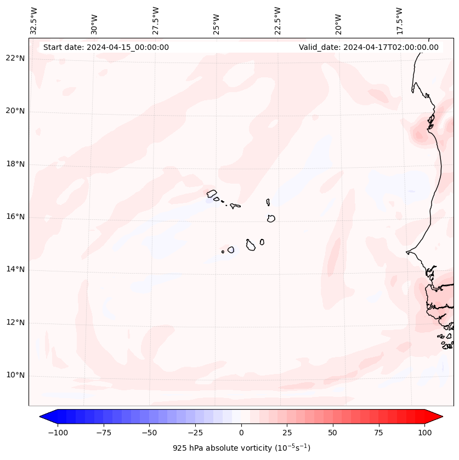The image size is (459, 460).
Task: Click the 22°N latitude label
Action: click(x=15, y=59)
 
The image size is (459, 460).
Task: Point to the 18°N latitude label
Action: click(x=15, y=164)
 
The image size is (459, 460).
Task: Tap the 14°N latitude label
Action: click(x=15, y=270)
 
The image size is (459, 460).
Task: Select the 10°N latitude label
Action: click(x=15, y=376)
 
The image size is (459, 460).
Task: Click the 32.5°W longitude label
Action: click(x=34, y=21)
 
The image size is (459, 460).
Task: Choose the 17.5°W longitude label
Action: click(x=399, y=21)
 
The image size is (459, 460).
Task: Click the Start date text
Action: click(x=106, y=47)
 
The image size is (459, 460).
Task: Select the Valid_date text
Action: click(x=369, y=47)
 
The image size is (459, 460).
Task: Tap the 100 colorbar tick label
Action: click(x=425, y=433)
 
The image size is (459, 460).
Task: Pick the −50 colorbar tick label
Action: click(x=149, y=433)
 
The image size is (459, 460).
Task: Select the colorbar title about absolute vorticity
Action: click(x=241, y=448)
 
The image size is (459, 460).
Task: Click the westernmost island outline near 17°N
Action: click(x=212, y=193)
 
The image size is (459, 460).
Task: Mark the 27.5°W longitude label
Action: click(x=156, y=21)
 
